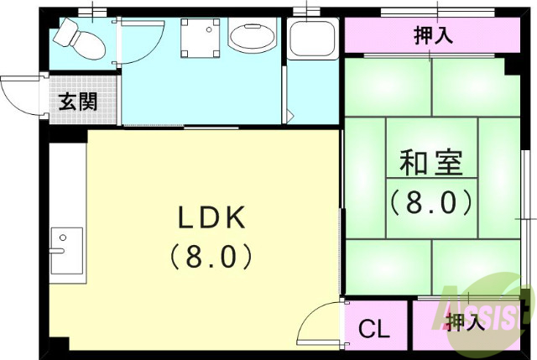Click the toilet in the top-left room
[78, 39]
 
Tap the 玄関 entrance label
[78, 102]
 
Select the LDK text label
[211, 218]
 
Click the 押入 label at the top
[434, 35]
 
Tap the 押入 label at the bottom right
[467, 321]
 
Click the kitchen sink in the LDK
[66, 249]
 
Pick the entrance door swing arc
[18, 92]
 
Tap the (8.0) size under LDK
[211, 255]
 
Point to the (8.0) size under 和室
[430, 202]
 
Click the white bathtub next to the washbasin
[311, 39]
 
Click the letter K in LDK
[234, 218]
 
